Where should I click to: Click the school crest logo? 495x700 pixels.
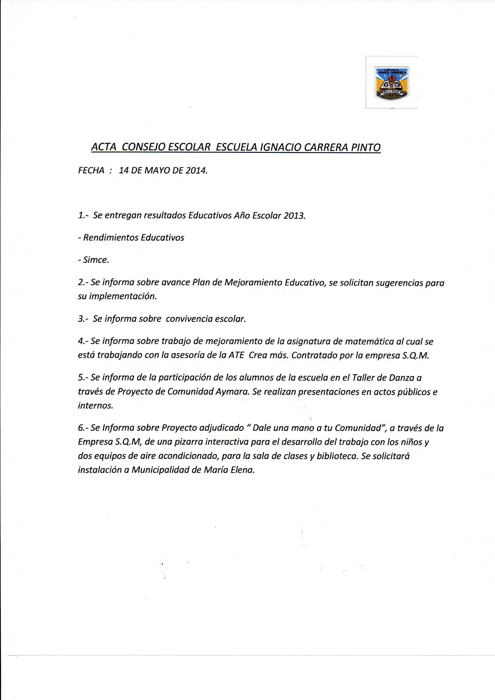[392, 83]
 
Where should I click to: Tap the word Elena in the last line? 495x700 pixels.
[243, 470]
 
